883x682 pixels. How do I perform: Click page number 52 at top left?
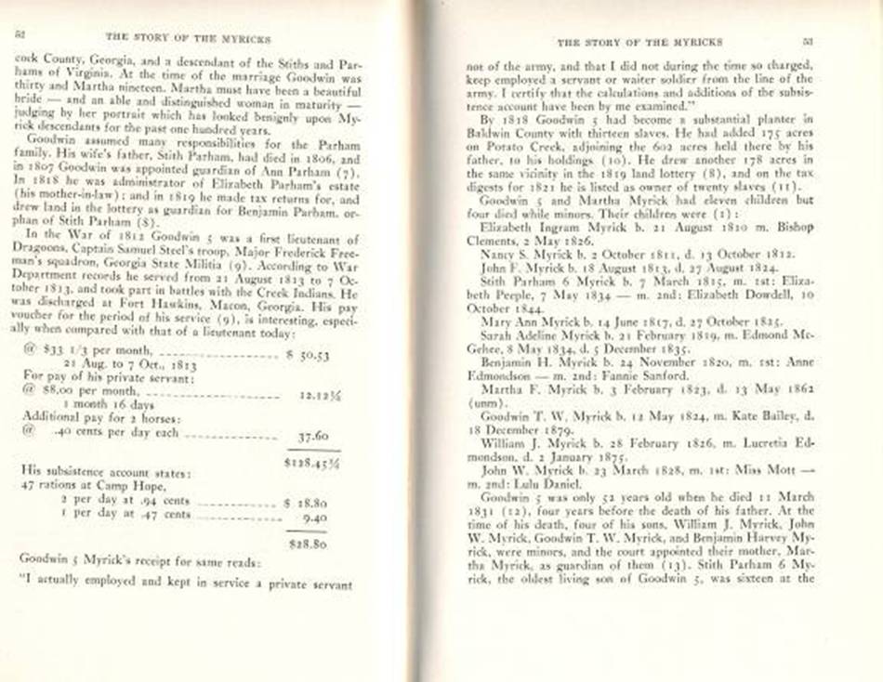click(19, 34)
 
